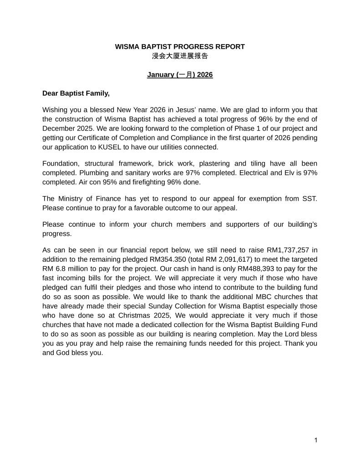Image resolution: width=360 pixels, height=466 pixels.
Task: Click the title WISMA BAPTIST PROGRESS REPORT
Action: tap(180, 46)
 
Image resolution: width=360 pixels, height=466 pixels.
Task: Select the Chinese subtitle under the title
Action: tap(180, 56)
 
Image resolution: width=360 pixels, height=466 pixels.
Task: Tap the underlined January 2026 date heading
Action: tap(180, 75)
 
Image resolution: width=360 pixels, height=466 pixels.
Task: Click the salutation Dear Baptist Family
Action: tap(76, 93)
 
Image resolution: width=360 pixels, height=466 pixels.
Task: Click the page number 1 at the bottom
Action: tap(315, 440)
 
